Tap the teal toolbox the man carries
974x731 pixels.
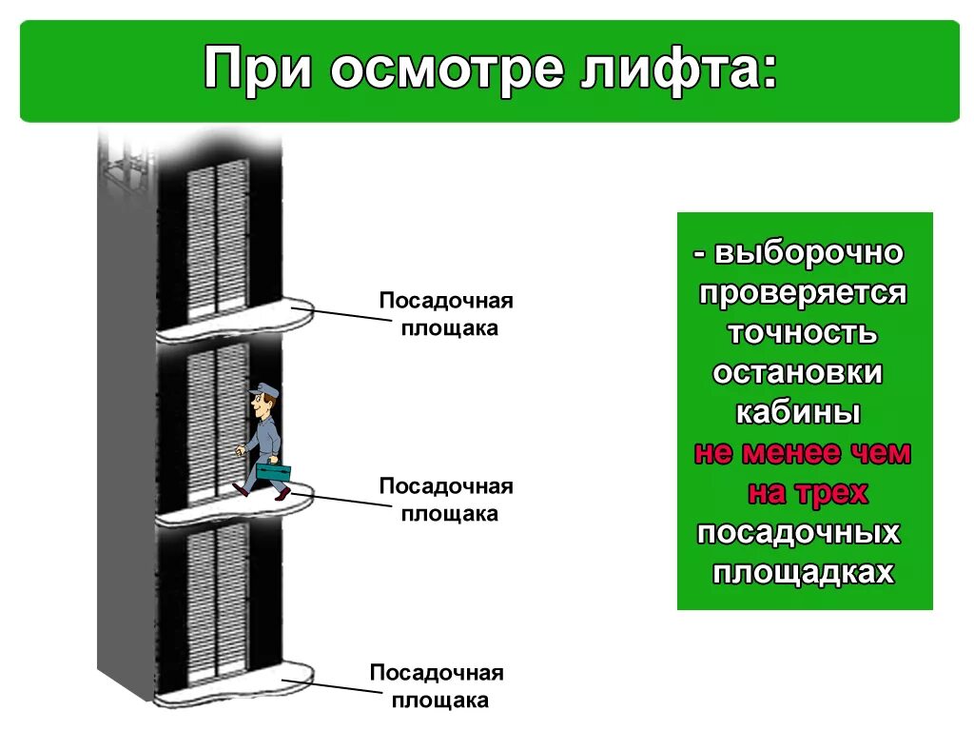point(274,470)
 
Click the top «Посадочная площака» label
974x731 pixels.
point(446,314)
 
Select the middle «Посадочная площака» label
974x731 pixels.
point(446,500)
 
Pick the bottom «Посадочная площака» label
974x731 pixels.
point(437,686)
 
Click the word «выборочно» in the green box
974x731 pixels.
point(808,253)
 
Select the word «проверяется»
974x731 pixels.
point(804,292)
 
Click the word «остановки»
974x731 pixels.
point(797,373)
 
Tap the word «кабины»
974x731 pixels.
point(798,413)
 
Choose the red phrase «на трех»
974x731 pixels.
point(808,493)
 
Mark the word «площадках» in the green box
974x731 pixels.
point(804,573)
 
